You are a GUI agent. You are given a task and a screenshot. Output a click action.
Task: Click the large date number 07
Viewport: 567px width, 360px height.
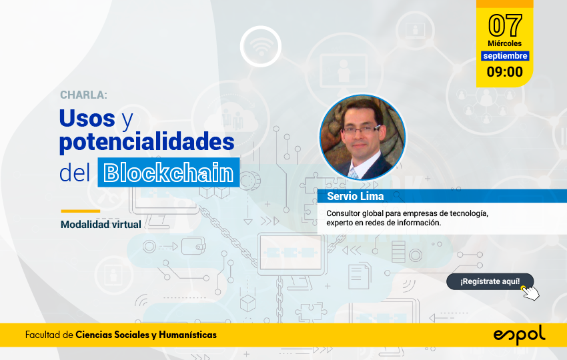[505, 25]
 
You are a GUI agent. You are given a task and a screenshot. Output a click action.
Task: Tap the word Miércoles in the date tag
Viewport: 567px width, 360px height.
[504, 43]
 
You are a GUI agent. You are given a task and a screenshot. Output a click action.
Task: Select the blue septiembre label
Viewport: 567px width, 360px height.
[505, 55]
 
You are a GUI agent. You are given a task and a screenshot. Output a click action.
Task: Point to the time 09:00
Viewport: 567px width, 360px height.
[505, 71]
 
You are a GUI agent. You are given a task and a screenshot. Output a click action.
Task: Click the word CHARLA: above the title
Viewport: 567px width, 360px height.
[83, 95]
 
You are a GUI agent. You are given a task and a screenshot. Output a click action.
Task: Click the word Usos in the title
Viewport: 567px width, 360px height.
[87, 118]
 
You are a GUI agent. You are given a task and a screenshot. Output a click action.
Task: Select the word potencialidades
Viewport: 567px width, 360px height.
[147, 142]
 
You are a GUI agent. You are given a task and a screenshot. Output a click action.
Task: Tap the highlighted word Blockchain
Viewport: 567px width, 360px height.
[169, 173]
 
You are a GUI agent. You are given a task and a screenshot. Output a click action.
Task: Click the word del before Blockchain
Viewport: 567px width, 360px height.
[75, 173]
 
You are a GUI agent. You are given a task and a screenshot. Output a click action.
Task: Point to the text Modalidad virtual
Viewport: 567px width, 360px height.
[101, 225]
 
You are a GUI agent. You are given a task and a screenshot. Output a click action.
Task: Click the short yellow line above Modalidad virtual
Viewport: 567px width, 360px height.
[81, 211]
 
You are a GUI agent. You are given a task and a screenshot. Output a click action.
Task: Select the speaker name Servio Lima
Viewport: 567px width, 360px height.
[355, 196]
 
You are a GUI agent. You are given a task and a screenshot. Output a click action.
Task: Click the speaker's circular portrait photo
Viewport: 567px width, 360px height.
[362, 137]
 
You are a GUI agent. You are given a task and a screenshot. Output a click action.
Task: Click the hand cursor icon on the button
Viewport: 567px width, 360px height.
[530, 293]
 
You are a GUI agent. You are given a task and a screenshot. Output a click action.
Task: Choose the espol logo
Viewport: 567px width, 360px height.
[519, 335]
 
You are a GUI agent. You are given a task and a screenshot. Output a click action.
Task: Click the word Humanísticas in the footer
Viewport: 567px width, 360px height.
[187, 335]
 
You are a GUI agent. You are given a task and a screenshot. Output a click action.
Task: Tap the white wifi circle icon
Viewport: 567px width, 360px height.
[261, 47]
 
